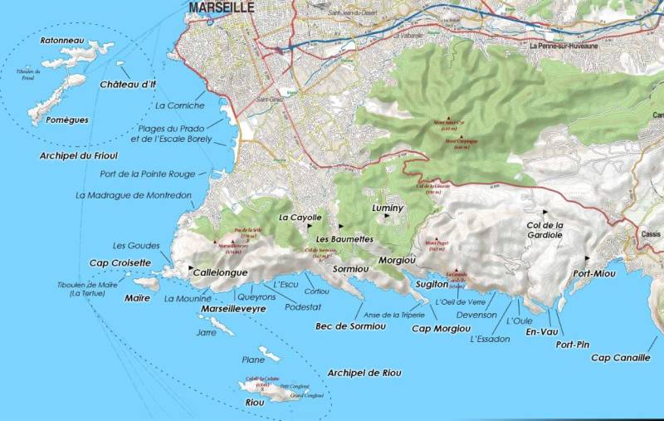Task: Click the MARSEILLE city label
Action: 222,8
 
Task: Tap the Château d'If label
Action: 128,85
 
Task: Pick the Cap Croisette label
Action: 120,262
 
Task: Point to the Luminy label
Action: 388,208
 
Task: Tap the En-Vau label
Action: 539,332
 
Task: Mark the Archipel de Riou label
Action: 364,372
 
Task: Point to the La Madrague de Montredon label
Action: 134,196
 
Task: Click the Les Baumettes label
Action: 344,239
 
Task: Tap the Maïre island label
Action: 136,297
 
